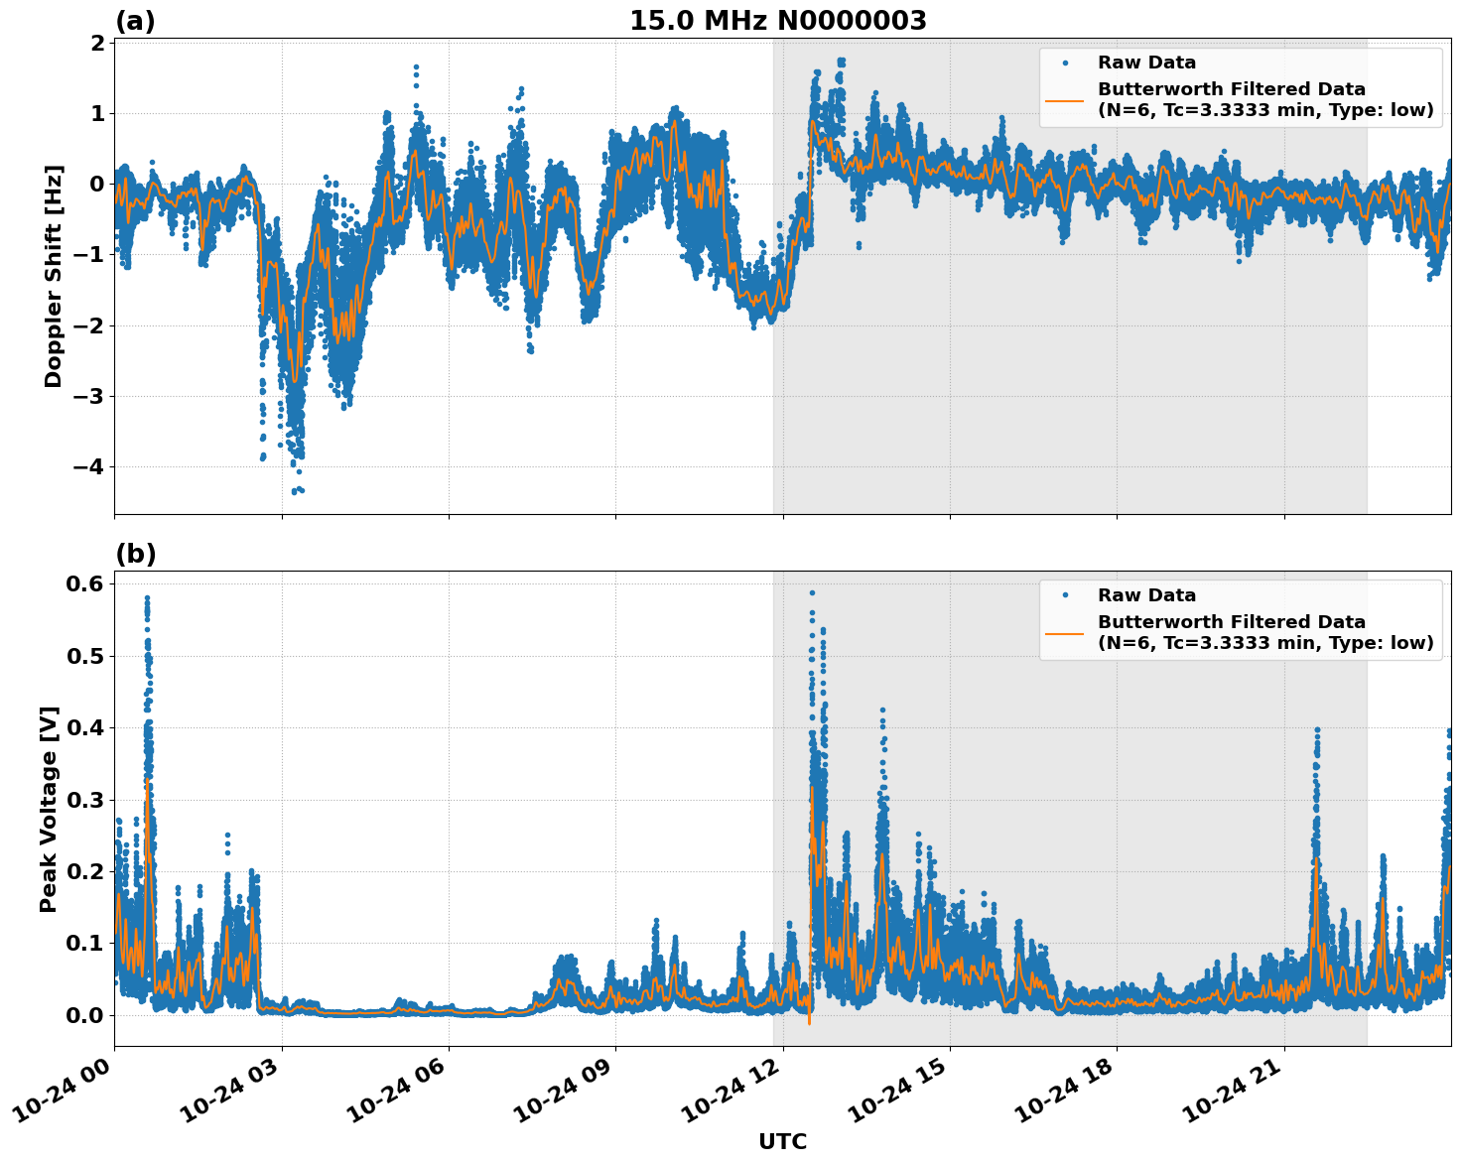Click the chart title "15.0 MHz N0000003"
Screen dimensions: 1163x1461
tap(778, 21)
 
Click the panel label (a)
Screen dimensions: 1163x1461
tap(135, 21)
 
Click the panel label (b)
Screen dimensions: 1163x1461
tap(135, 554)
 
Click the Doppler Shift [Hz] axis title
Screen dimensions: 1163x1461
tap(54, 276)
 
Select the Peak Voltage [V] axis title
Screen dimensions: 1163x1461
tap(49, 809)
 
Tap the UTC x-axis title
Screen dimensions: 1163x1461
tap(782, 1141)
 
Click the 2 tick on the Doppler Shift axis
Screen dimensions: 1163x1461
tap(97, 43)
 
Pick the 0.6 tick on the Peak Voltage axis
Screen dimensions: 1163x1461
tap(84, 584)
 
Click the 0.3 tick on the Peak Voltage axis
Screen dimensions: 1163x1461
tap(84, 800)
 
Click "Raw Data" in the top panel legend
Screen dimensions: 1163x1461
tap(1146, 63)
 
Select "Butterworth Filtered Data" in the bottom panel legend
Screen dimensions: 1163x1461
tap(1231, 622)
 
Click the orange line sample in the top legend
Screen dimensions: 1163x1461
tap(1065, 99)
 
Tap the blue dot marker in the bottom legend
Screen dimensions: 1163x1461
tap(1065, 595)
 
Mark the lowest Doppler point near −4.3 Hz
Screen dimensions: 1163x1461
tap(295, 491)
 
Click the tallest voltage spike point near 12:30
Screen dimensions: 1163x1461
tap(811, 592)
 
